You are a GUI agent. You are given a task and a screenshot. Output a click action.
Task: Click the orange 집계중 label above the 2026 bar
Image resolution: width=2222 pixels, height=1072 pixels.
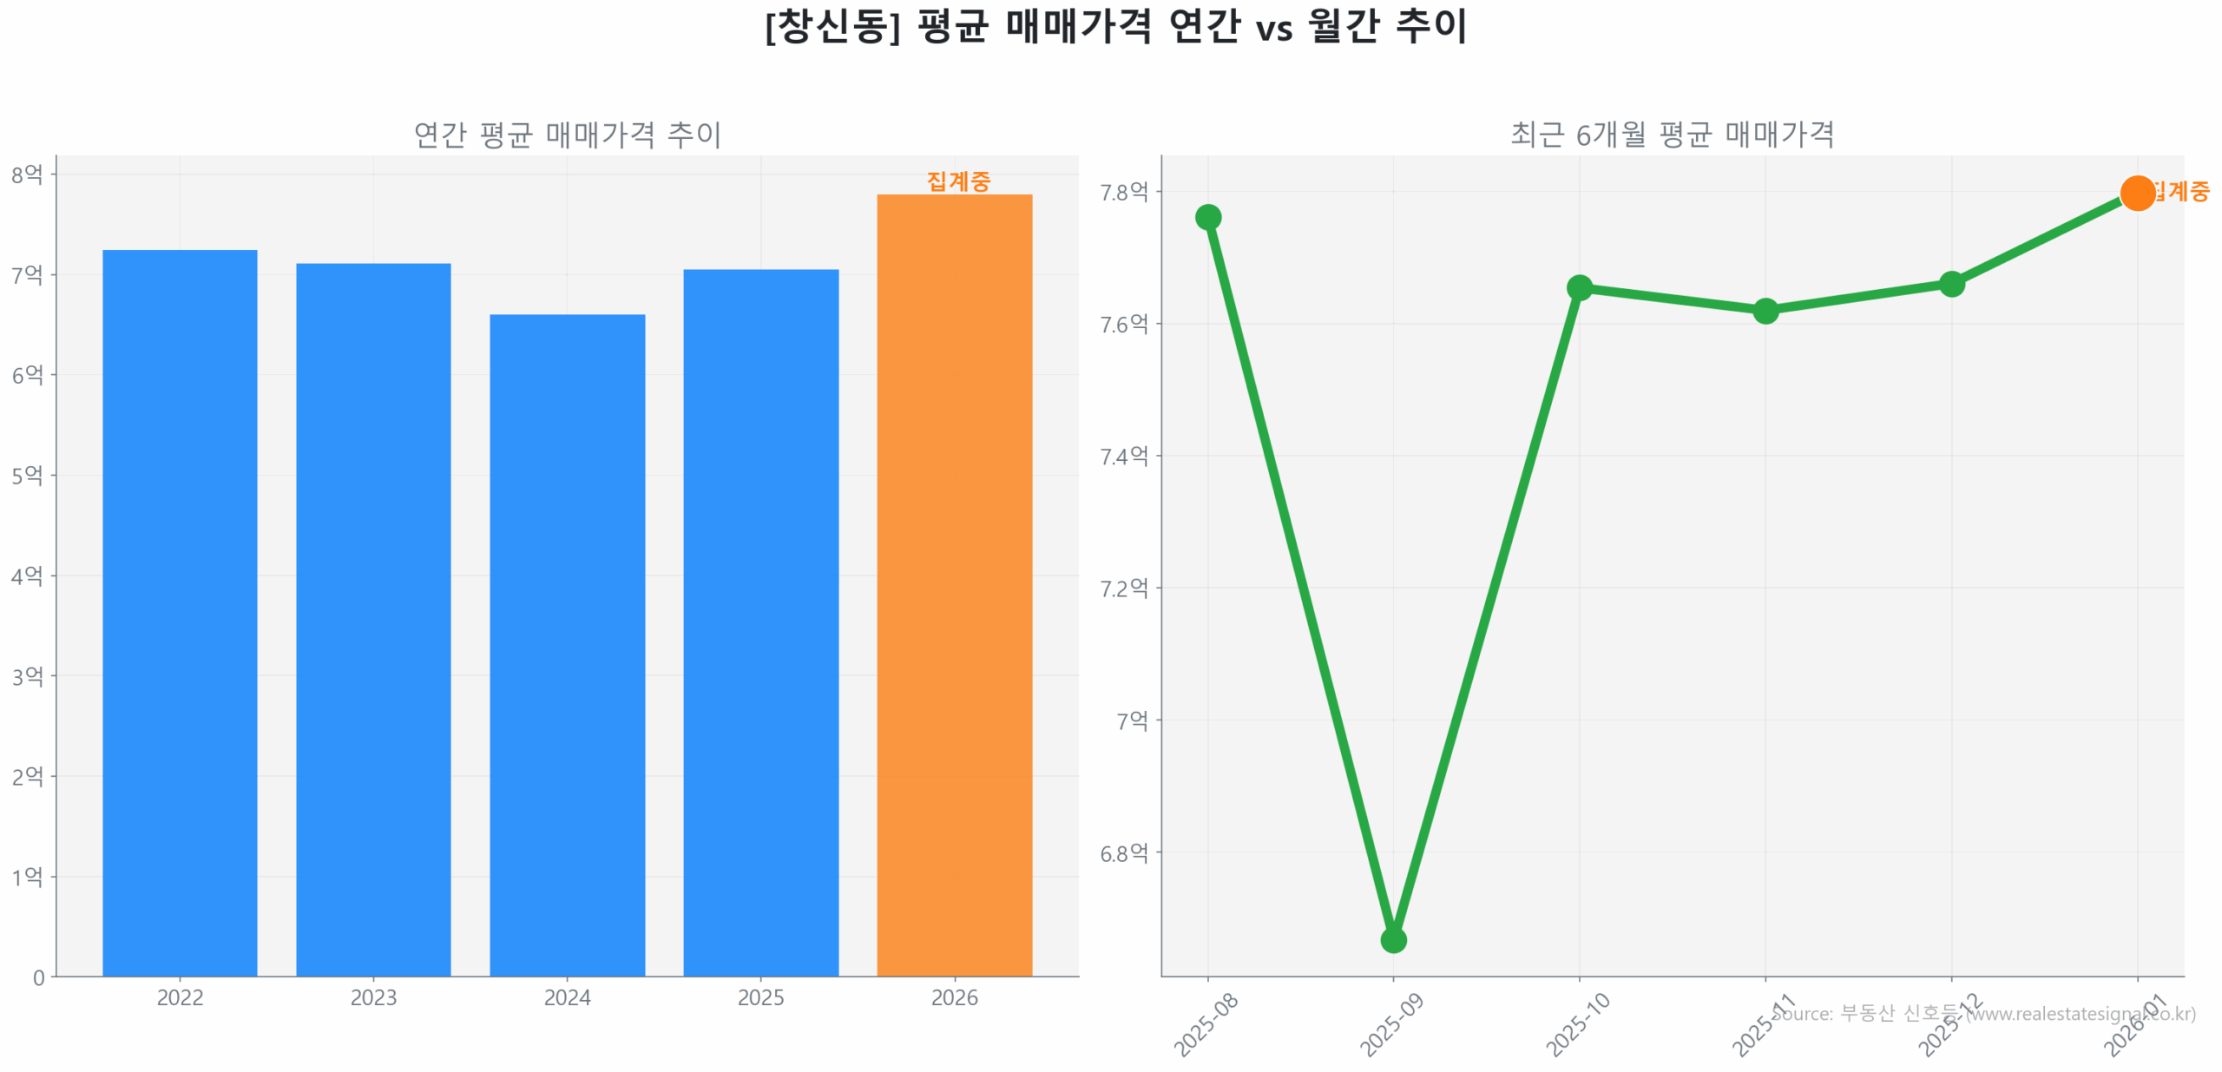957,181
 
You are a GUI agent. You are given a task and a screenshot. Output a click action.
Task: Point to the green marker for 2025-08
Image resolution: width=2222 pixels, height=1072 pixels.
1207,217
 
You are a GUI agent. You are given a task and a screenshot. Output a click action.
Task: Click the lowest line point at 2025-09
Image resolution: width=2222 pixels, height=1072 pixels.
1393,939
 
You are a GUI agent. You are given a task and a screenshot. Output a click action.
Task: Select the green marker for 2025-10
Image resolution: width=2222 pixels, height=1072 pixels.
1579,287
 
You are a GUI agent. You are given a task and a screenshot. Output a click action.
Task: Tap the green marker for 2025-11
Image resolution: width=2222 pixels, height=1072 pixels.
1765,311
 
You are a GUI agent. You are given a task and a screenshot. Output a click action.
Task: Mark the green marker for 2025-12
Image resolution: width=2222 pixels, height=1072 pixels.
1951,284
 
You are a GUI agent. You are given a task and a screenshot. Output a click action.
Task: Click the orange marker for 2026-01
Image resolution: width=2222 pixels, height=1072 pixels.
2137,193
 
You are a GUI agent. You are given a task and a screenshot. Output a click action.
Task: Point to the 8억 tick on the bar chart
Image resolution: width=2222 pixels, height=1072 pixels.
27,174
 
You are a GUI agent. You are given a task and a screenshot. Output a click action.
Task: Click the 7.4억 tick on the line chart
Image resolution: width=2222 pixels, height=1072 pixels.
1123,456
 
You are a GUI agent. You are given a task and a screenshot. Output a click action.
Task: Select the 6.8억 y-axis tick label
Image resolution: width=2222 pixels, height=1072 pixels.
1123,852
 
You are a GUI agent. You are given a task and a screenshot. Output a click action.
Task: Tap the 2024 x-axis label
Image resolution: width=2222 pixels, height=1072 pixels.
567,997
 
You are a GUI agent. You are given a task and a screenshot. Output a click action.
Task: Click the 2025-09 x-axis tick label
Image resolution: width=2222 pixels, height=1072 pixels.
1390,1024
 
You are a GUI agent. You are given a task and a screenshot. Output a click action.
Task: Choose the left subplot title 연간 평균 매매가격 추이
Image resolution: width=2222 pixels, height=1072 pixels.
567,135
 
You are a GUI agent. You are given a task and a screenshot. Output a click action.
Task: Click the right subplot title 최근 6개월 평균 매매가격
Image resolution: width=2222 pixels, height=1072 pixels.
1672,135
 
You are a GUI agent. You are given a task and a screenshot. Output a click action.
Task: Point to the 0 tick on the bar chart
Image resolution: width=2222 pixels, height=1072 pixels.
39,977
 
